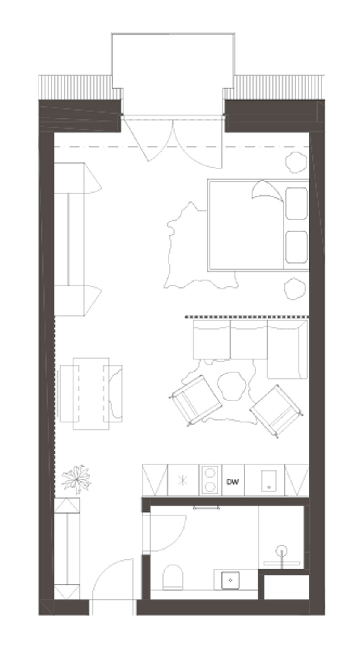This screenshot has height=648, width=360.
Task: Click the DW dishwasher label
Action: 233,482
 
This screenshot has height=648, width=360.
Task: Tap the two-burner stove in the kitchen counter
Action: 210,480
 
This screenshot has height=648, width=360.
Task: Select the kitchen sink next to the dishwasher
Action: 269,481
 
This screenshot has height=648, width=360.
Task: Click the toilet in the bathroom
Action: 173,577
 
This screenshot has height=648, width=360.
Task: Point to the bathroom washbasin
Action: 230,580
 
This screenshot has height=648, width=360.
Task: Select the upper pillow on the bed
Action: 296,203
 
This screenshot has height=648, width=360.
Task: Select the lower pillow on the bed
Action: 296,247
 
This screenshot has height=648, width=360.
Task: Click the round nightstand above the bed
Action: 296,162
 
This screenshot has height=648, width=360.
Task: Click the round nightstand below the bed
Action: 295,289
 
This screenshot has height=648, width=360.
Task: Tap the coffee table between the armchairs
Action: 232,385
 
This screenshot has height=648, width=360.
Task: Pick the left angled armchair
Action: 195,400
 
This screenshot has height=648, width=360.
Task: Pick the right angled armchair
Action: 276,411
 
